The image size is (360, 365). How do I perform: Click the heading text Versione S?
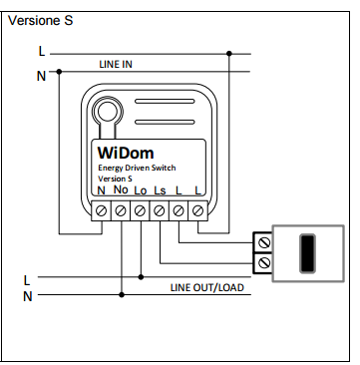(x=40, y=21)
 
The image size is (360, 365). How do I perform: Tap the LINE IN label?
(x=116, y=64)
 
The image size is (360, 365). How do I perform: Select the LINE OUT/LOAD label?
(x=207, y=287)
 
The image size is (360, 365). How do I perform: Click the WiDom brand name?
(x=126, y=153)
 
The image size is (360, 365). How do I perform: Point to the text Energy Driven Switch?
(x=137, y=168)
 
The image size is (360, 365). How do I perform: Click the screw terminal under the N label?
(x=101, y=210)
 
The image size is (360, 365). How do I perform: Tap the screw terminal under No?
(x=121, y=210)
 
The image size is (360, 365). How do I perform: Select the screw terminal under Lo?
(x=140, y=210)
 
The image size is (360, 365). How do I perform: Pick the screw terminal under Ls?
(x=160, y=210)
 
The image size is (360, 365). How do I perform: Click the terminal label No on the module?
(x=121, y=189)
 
